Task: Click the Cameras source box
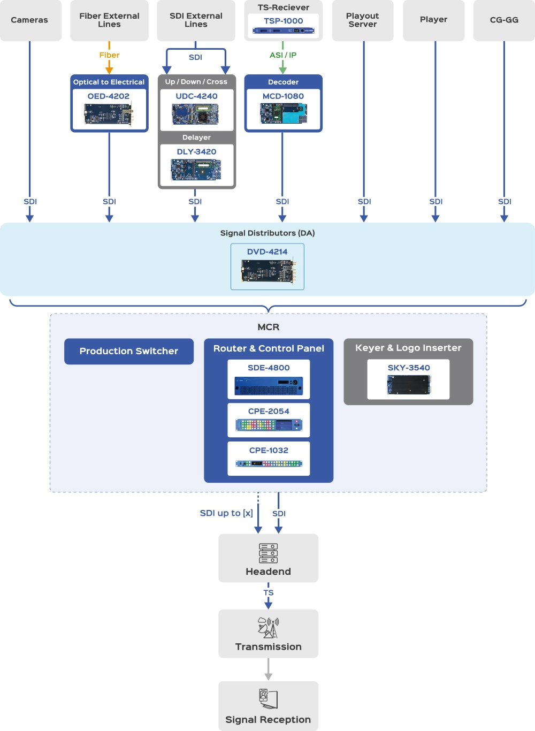pos(30,20)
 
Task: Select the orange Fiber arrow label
pos(109,55)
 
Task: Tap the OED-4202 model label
pos(109,96)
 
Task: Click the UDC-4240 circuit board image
pos(195,114)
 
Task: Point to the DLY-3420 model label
pos(196,152)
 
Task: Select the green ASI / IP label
pos(283,55)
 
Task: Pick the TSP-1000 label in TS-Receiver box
pos(283,21)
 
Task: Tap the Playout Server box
pos(362,20)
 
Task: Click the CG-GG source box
pos(504,20)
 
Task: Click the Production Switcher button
pos(129,351)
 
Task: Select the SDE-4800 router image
pos(269,385)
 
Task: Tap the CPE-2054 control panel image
pos(269,425)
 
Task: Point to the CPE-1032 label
pos(269,451)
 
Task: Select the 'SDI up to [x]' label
pos(226,513)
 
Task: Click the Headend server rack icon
pos(268,553)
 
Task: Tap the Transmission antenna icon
pos(268,628)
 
